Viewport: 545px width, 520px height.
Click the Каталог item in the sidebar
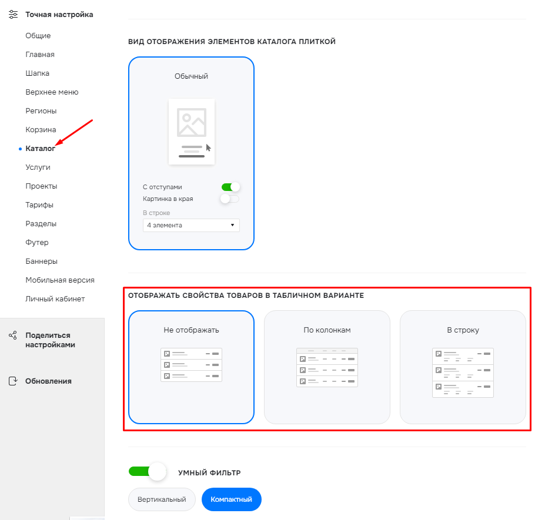40,148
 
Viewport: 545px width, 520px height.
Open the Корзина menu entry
41,130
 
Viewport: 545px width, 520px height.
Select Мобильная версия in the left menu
60,280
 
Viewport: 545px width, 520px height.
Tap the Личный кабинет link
55,298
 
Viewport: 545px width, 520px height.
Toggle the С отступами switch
230,187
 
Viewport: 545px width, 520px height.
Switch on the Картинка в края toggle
230,199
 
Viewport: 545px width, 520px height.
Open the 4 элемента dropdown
191,225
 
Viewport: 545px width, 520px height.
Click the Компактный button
231,499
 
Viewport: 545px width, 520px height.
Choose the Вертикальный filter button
162,499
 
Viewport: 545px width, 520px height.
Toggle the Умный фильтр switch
148,472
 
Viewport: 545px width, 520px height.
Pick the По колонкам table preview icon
327,367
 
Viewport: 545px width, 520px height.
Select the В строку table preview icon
463,373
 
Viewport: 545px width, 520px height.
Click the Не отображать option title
191,330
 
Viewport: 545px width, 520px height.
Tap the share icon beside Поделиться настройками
13,335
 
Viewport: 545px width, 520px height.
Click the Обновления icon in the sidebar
13,381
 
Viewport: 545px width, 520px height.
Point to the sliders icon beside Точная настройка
13,14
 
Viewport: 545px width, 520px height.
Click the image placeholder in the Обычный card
192,122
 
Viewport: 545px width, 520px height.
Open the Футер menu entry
37,243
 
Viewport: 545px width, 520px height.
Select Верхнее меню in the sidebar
52,92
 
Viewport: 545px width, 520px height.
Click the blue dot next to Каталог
20,149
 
